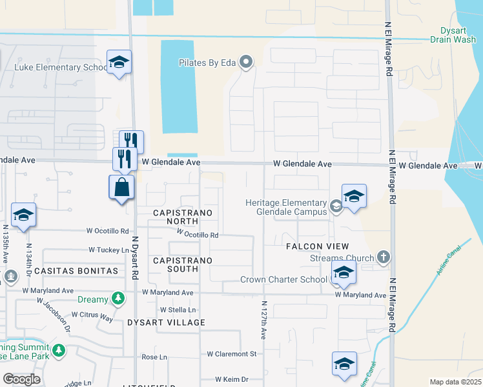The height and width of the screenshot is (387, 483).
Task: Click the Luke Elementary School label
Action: click(x=61, y=67)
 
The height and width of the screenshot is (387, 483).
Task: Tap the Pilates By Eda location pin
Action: click(x=245, y=63)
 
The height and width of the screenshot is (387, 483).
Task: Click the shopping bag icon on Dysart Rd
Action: click(x=121, y=188)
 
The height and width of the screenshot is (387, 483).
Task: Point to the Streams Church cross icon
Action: click(x=384, y=258)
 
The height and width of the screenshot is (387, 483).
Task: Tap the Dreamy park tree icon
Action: click(x=117, y=298)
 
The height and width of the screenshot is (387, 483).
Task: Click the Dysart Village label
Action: click(x=166, y=322)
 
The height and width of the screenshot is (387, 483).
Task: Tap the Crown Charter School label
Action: click(x=284, y=279)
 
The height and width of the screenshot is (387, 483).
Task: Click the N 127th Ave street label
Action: click(x=263, y=320)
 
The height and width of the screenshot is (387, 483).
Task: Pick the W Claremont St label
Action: click(x=232, y=354)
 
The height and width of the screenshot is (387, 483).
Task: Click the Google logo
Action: click(x=21, y=379)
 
